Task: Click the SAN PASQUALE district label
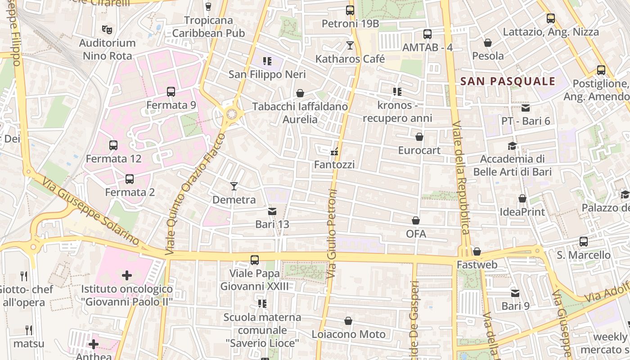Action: (x=508, y=81)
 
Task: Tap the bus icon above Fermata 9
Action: (x=171, y=92)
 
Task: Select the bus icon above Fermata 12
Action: (x=113, y=145)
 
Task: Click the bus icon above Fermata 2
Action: (x=130, y=179)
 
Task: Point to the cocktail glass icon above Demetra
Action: (x=234, y=186)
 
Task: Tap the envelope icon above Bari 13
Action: (x=272, y=211)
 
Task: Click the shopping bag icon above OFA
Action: (x=416, y=220)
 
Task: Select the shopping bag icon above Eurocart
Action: (x=419, y=137)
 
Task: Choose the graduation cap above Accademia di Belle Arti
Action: (x=512, y=146)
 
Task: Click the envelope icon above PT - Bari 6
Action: (x=526, y=108)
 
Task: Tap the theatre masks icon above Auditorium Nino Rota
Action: (x=107, y=30)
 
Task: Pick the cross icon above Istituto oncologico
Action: (x=127, y=275)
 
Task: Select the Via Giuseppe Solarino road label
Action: (x=90, y=211)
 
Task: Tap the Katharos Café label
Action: (x=350, y=59)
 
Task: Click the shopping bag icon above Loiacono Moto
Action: (x=348, y=321)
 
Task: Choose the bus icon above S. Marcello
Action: (x=584, y=242)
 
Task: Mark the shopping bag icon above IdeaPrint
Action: (x=522, y=198)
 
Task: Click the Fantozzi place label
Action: (x=334, y=165)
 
